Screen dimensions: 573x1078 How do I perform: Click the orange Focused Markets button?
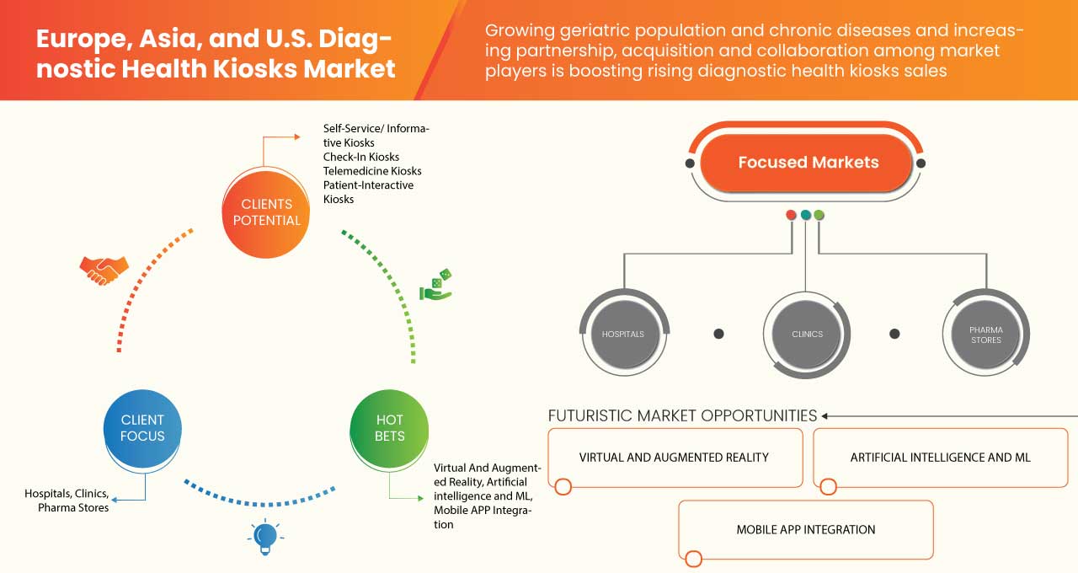coord(808,163)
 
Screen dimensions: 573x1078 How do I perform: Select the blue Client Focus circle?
coord(142,427)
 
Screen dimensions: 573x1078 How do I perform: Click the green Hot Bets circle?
coord(389,427)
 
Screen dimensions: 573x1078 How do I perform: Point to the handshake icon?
coord(104,269)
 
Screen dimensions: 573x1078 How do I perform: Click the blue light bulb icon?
coord(265,537)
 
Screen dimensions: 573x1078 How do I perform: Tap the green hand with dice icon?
coord(436,286)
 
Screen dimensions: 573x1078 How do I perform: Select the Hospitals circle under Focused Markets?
coord(623,334)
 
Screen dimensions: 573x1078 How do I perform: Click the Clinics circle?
coord(807,334)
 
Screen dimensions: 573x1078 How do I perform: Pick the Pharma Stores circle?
coord(985,335)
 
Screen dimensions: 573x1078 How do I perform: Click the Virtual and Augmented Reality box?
coord(675,458)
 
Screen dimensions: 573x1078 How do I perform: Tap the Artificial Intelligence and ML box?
coord(940,458)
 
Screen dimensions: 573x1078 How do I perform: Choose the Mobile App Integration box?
coord(806,530)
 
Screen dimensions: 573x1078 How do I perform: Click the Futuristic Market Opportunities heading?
coord(682,415)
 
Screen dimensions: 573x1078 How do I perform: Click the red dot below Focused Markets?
coord(791,215)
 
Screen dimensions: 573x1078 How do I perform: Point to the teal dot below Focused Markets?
coord(806,215)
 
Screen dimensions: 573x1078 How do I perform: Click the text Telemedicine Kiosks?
coord(372,171)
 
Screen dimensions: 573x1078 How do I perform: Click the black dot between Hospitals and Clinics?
coord(718,334)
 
